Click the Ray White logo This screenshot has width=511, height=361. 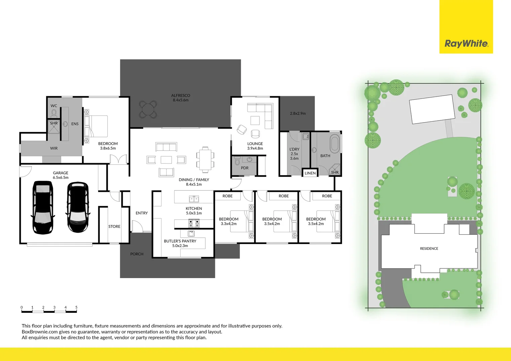click(x=466, y=43)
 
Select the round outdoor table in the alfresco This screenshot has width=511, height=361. click(x=148, y=109)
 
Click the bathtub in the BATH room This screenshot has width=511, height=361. click(x=334, y=143)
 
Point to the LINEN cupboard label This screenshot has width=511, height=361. click(x=310, y=173)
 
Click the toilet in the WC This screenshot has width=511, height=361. click(x=54, y=113)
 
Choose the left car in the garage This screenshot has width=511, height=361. click(x=43, y=207)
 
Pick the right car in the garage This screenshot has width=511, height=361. click(x=78, y=207)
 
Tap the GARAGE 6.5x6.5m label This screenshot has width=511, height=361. click(x=61, y=175)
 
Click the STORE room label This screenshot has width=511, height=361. click(x=114, y=227)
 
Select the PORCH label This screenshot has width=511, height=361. click(x=137, y=254)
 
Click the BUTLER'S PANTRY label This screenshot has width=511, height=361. click(x=180, y=243)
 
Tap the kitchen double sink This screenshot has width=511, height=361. click(x=194, y=200)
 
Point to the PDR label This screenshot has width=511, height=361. click(x=245, y=168)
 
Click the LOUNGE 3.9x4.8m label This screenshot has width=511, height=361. click(x=255, y=146)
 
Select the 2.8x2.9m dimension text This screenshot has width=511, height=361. click(x=298, y=114)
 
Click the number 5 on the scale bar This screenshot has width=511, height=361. click(x=76, y=307)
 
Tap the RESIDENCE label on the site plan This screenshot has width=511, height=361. click(x=429, y=249)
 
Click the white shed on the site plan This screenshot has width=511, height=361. click(x=432, y=109)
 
